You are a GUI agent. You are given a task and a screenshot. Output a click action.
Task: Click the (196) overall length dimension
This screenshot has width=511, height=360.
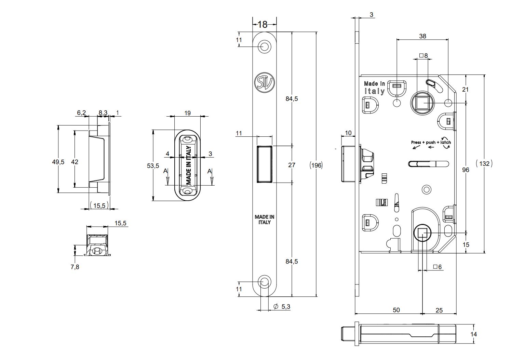(316, 165)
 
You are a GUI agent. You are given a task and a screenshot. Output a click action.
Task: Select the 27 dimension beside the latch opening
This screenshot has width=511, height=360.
(292, 165)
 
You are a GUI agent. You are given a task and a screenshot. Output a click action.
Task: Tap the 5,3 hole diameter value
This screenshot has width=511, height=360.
(286, 307)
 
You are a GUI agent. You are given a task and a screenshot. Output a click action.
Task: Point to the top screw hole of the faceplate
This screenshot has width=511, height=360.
(264, 46)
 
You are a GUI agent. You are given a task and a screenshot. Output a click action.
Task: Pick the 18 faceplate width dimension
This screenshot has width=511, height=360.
(262, 25)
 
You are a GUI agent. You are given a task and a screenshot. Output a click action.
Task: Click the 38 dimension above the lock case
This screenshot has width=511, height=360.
(422, 36)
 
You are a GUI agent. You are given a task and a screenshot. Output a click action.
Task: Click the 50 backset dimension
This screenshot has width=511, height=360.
(396, 310)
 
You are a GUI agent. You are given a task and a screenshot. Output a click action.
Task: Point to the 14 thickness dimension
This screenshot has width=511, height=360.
(473, 334)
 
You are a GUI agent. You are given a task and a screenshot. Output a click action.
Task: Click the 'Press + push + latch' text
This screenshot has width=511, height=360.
(431, 142)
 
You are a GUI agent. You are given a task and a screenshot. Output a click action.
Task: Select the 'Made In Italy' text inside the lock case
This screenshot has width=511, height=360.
(374, 88)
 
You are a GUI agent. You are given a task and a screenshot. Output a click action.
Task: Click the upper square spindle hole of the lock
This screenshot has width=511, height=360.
(422, 103)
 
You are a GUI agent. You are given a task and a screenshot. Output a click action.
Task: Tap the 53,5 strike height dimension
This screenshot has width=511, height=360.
(153, 166)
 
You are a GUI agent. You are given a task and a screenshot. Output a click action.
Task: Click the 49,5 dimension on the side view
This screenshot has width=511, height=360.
(58, 162)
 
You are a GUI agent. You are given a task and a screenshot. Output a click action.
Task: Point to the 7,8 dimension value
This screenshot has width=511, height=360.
(75, 267)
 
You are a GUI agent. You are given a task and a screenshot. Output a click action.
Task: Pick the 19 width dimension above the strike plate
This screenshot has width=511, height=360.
(187, 113)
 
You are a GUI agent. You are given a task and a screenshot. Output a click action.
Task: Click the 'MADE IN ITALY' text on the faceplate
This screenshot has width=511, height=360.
(265, 219)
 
